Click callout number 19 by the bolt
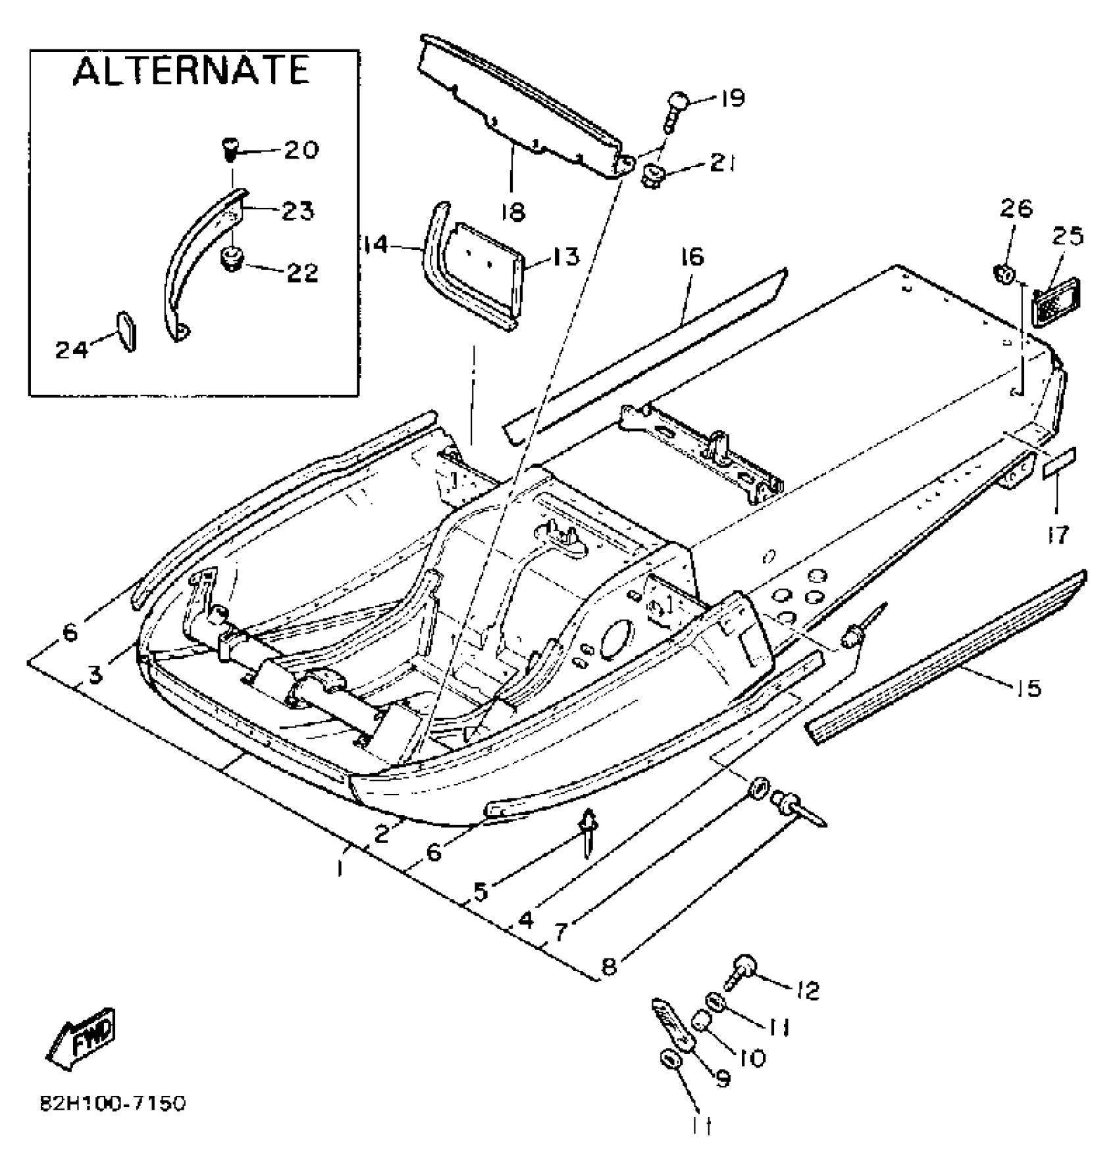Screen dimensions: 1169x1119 click(730, 99)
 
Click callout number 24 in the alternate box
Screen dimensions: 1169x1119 click(71, 350)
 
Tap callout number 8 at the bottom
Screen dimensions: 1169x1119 click(610, 967)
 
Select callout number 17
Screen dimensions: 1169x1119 click(1058, 535)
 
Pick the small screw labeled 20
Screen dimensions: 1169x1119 click(230, 148)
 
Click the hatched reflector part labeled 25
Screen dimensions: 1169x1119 click(1055, 302)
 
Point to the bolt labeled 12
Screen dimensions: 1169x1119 click(741, 972)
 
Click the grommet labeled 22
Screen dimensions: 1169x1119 click(231, 258)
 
